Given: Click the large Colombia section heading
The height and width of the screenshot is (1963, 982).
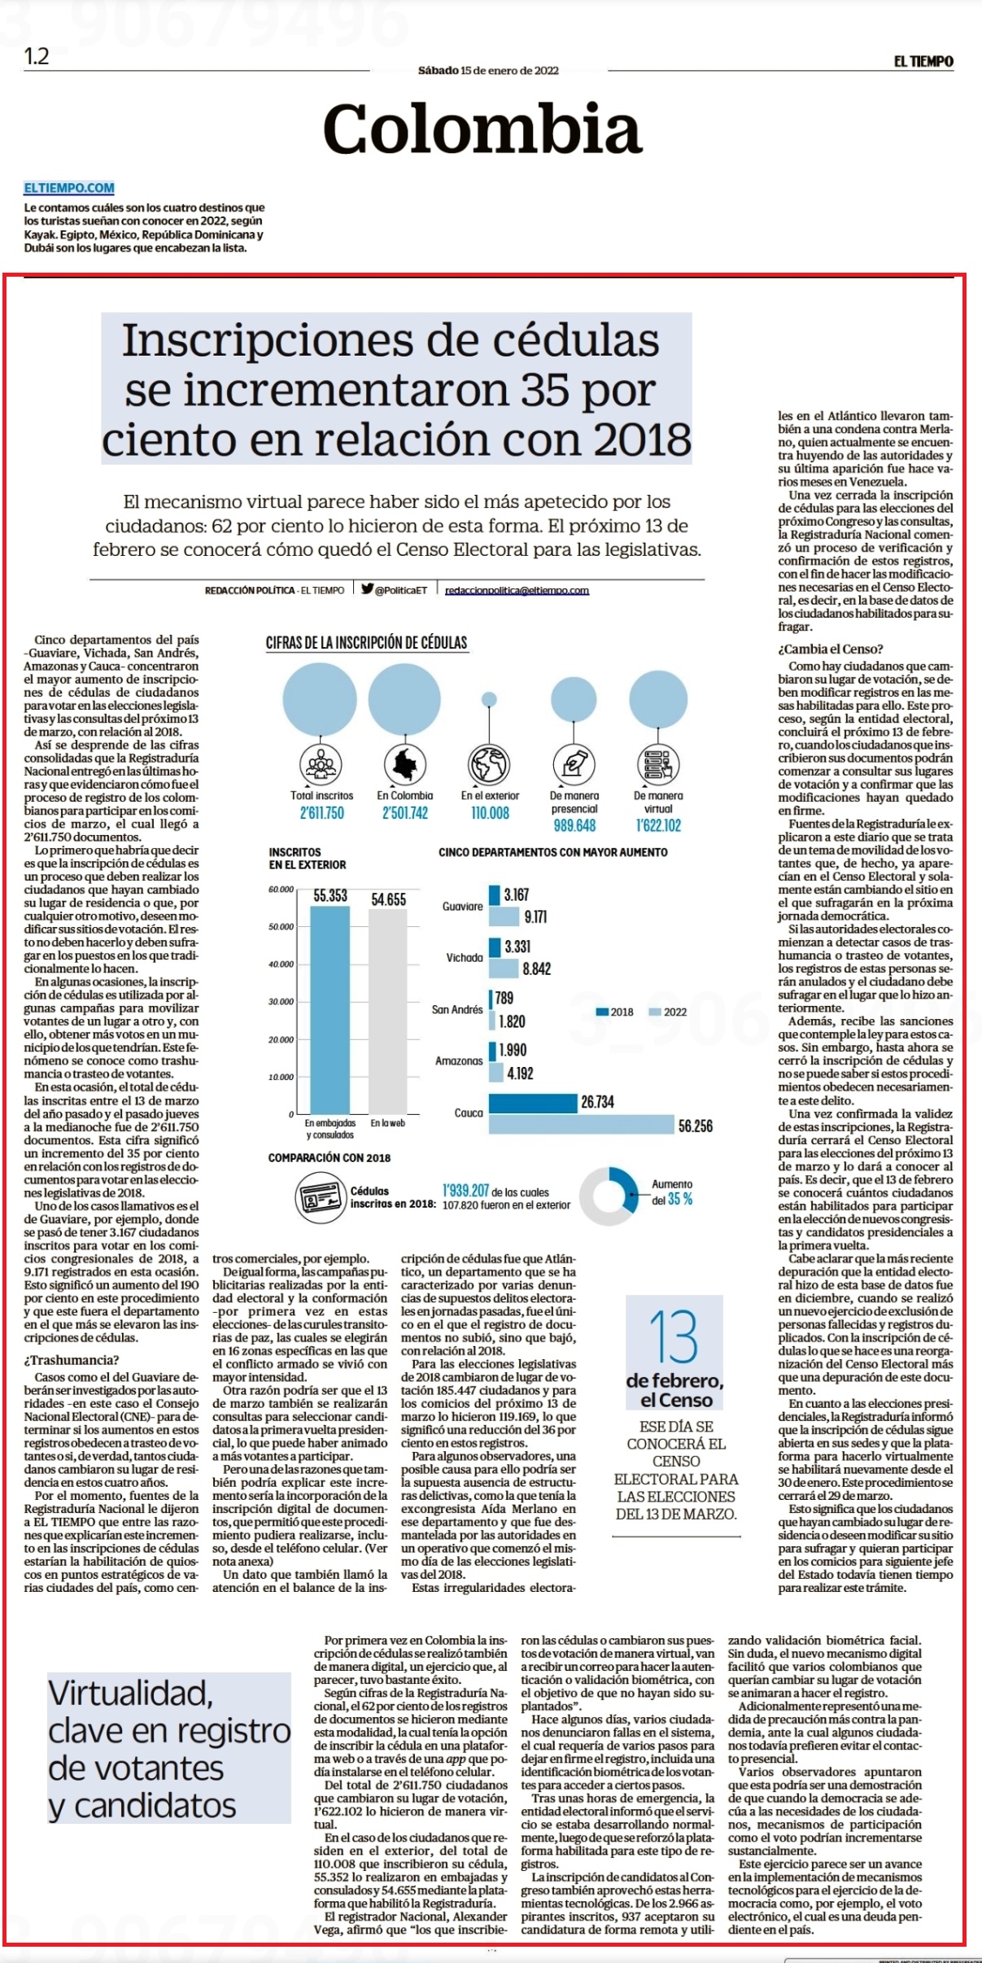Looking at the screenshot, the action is [482, 129].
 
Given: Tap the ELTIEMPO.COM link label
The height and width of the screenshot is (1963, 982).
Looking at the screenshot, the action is [69, 188].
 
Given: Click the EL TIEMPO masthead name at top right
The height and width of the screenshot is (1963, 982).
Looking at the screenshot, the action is [923, 61].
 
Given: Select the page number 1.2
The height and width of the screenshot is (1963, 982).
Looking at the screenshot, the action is [37, 56].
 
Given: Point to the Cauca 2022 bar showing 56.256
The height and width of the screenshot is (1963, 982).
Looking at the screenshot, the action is [581, 1126].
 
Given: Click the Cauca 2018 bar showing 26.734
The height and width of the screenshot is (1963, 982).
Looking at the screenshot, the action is [533, 1103].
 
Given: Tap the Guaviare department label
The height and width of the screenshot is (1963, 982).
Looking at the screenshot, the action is [463, 906].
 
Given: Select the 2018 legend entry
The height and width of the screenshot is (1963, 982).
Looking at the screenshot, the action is [615, 1012].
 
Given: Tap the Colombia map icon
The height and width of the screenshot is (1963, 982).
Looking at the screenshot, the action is [405, 764].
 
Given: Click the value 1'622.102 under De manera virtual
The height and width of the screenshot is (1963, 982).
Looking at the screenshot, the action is [658, 825].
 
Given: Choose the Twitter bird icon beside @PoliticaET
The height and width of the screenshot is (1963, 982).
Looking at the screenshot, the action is [368, 589].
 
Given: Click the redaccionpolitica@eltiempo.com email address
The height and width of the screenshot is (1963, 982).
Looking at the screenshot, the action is [517, 590].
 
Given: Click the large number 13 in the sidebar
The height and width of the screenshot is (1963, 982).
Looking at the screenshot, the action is [674, 1337].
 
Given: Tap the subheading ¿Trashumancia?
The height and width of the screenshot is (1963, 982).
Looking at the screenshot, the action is [72, 1360].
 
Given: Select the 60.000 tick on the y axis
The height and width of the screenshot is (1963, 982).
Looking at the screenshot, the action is [281, 890].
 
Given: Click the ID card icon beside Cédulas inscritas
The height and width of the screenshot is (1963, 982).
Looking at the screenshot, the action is [320, 1197].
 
